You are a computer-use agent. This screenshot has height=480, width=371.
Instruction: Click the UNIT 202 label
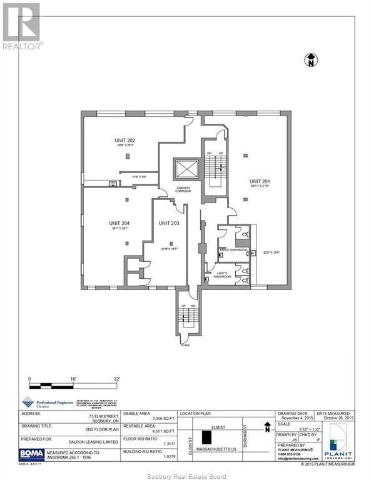[x=125, y=140]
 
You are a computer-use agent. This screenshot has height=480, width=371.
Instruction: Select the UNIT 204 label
[x=118, y=223]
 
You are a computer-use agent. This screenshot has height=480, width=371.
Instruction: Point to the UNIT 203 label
[x=169, y=223]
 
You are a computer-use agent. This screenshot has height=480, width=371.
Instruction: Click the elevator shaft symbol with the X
[x=186, y=170]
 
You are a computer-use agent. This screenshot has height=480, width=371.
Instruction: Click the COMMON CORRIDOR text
[x=183, y=189]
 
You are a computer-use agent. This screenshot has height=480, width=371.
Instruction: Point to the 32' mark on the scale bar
[x=116, y=379]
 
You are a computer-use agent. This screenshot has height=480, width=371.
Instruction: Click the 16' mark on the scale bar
[x=73, y=379]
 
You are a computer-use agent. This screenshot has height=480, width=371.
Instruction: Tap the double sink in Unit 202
[x=113, y=184]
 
